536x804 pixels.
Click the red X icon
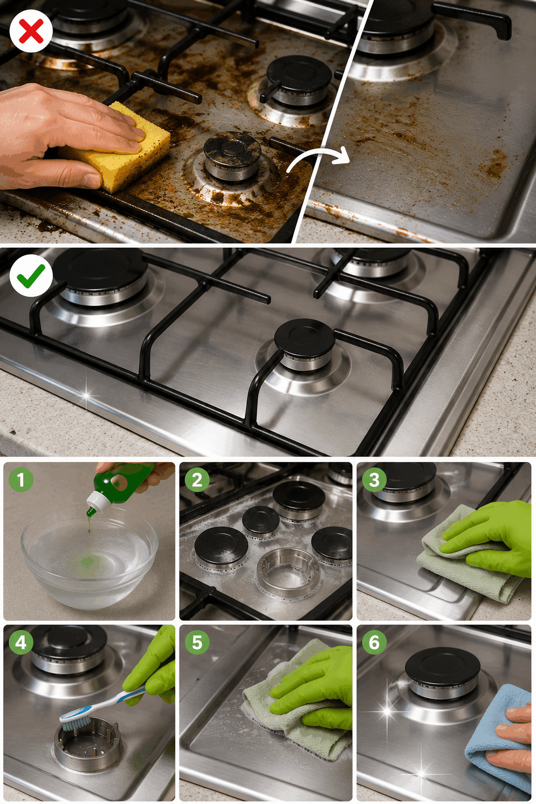pyautogui.click(x=31, y=31)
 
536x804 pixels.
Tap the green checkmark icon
pyautogui.click(x=31, y=276)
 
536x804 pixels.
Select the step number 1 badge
pyautogui.click(x=21, y=480)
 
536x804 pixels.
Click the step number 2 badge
pyautogui.click(x=197, y=480)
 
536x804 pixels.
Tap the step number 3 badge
pyautogui.click(x=374, y=480)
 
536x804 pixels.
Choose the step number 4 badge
pyautogui.click(x=21, y=642)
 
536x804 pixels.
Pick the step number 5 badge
pyautogui.click(x=197, y=642)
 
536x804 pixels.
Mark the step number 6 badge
pyautogui.click(x=374, y=642)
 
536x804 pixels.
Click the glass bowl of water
pyautogui.click(x=90, y=557)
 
